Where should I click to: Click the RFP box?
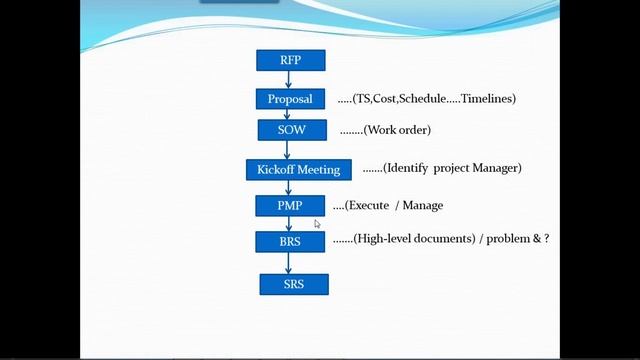(x=291, y=60)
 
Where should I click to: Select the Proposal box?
(x=291, y=99)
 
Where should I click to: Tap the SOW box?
(x=291, y=130)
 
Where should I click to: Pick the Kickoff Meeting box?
(x=298, y=169)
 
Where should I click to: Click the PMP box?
(x=290, y=205)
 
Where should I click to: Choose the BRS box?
(x=290, y=241)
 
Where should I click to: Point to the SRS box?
(x=293, y=285)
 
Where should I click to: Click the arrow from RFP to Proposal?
(x=289, y=80)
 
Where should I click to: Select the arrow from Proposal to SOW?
(x=289, y=115)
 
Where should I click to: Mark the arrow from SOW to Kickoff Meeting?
(x=289, y=149)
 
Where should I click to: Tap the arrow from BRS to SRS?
(x=289, y=263)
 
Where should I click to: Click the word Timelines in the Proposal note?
(x=484, y=99)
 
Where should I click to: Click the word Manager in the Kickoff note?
(x=495, y=168)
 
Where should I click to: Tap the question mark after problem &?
(x=546, y=240)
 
